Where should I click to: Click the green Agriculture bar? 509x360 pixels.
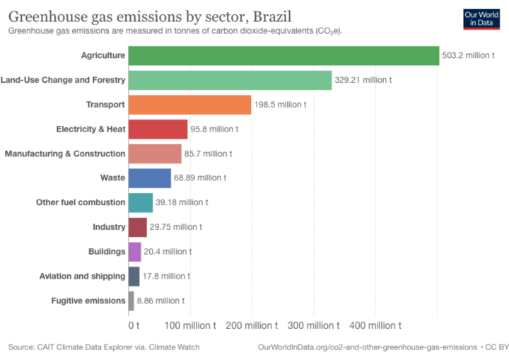click(x=283, y=55)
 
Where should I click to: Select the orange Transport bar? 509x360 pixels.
click(x=189, y=105)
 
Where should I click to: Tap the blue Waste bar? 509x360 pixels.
click(x=150, y=178)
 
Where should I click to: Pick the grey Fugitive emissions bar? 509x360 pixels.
click(x=131, y=301)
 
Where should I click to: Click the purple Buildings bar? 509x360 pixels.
click(x=135, y=252)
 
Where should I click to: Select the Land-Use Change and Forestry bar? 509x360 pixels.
click(x=230, y=80)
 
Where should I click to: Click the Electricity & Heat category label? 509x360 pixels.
click(x=90, y=129)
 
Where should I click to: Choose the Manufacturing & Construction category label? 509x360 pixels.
click(x=65, y=153)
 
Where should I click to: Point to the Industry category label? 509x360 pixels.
click(x=109, y=227)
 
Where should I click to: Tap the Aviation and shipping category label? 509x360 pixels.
click(x=82, y=276)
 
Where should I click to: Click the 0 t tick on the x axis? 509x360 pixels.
click(x=134, y=325)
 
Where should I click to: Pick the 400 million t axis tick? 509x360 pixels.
click(x=375, y=325)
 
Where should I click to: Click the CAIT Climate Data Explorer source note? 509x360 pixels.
click(x=104, y=347)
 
